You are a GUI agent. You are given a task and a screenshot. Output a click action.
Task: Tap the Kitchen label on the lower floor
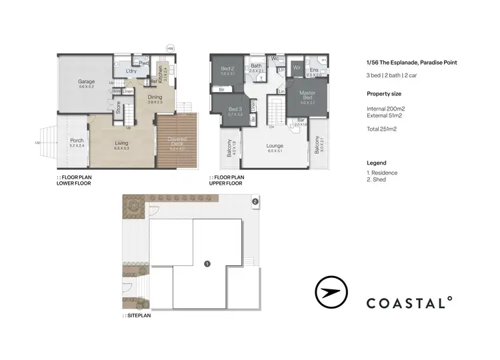(x=161, y=69)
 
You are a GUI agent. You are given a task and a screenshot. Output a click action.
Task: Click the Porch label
(x=77, y=141)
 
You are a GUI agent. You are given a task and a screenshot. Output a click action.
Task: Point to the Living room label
(x=121, y=143)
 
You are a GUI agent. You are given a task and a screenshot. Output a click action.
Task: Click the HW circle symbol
(x=171, y=48)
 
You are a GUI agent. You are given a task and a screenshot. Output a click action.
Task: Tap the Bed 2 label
(x=227, y=69)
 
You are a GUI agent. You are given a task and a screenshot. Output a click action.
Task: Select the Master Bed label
(x=307, y=93)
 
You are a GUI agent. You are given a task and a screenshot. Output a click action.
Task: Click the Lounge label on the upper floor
(x=275, y=146)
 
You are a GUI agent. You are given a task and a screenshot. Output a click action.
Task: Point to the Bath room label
(x=257, y=65)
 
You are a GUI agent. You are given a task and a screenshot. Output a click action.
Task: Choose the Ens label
(x=314, y=71)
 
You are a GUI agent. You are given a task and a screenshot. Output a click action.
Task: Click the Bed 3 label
(x=235, y=109)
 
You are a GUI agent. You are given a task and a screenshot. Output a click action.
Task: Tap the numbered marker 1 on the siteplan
(x=207, y=264)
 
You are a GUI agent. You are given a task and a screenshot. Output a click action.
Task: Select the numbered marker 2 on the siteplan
(x=254, y=201)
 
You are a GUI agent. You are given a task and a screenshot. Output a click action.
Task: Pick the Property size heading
(x=385, y=94)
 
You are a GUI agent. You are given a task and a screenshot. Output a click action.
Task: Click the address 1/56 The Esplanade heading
(x=411, y=63)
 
